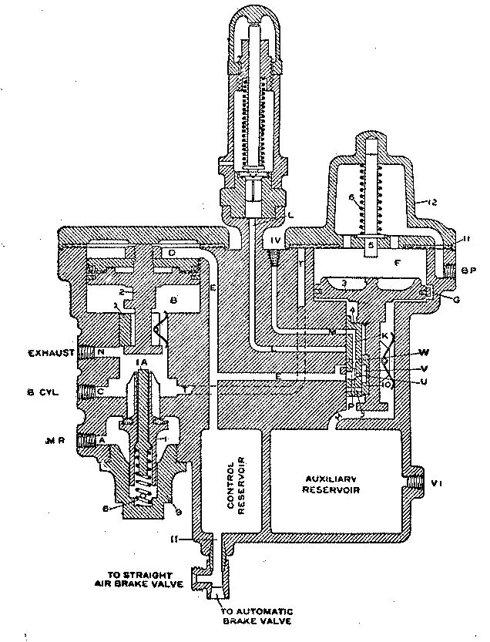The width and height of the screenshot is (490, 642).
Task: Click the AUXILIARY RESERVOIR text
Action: tap(334, 482)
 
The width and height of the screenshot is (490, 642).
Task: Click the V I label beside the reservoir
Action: tap(437, 483)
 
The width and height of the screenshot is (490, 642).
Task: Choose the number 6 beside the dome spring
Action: tap(351, 198)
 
